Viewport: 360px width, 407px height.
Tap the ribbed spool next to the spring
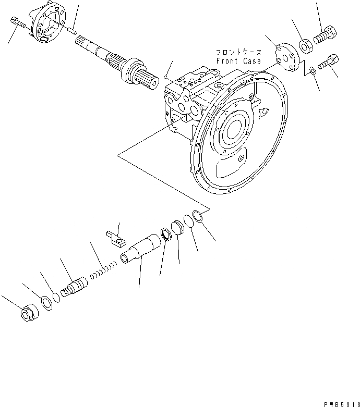73,287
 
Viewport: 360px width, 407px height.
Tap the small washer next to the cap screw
312,70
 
